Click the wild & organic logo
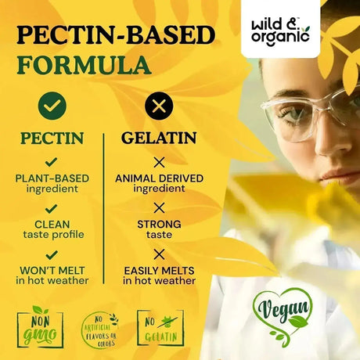[x=279, y=29]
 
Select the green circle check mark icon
[x=52, y=105]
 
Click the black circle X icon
[x=159, y=105]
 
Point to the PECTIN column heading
[x=52, y=139]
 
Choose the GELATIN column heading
[x=159, y=139]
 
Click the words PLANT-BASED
[x=52, y=178]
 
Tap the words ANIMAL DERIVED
[x=159, y=178]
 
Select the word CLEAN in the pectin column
[x=52, y=224]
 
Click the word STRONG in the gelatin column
[x=159, y=224]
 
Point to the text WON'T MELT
[x=52, y=270]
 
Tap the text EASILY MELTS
[x=159, y=270]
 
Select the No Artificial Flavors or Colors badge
[x=99, y=329]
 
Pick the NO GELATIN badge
[x=160, y=327]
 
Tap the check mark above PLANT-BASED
[x=52, y=162]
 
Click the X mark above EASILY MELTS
[x=159, y=254]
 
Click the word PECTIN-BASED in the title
[x=116, y=35]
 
